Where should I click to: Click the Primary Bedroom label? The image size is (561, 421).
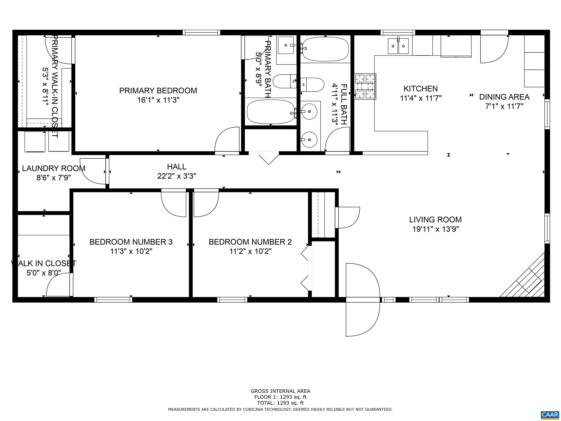click(x=158, y=91)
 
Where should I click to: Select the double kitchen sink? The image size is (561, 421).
click(x=398, y=46)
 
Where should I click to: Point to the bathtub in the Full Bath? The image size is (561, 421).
click(x=325, y=49)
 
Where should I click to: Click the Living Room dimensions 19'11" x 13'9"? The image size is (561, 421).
click(x=436, y=229)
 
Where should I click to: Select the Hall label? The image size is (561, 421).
click(x=177, y=167)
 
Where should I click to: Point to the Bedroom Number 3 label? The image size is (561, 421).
click(x=131, y=242)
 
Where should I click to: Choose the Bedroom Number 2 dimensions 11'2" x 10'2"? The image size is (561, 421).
click(x=250, y=251)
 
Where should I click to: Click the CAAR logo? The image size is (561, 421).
click(x=550, y=414)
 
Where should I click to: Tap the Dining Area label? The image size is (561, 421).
click(x=504, y=97)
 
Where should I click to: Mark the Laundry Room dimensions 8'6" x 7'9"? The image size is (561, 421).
click(x=54, y=178)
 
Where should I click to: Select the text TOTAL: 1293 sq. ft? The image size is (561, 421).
click(x=280, y=403)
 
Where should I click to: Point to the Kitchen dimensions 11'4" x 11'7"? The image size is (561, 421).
click(x=421, y=98)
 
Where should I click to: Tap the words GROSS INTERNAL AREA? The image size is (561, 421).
click(x=280, y=391)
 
